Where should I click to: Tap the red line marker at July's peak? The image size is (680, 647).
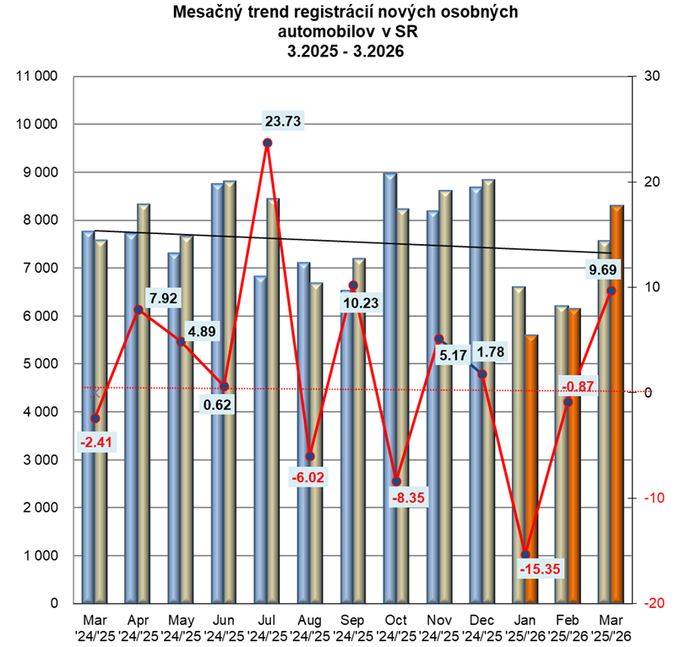(267, 143)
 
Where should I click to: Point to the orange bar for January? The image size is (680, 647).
(531, 469)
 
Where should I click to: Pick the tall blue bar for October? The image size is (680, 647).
(389, 389)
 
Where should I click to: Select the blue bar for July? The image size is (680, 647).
(260, 439)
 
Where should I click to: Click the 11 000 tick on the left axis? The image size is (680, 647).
(37, 77)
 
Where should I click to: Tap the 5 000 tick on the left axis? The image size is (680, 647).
(39, 364)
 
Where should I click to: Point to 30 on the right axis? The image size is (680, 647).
(651, 77)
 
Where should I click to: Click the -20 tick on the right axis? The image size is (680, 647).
(651, 603)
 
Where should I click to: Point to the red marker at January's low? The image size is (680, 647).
(525, 554)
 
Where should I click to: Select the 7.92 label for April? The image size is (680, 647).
(164, 298)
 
